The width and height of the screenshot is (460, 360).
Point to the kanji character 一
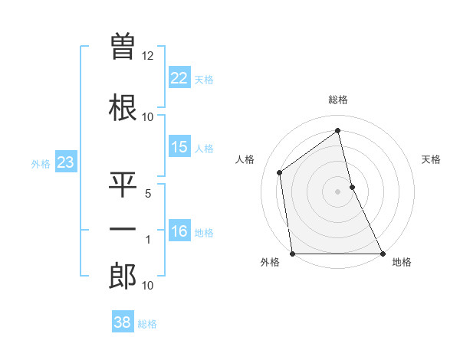coord(123,229)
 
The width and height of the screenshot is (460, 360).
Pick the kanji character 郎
coord(123,276)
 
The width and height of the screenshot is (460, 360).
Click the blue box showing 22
coord(179,78)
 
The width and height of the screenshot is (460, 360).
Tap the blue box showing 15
coord(179,148)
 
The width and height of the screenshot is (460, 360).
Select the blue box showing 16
coord(179,232)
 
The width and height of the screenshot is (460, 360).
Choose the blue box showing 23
coord(65,162)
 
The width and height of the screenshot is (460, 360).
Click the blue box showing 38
coord(123,322)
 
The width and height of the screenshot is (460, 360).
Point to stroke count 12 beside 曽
coord(148,56)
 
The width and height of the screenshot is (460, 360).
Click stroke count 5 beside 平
coord(149,193)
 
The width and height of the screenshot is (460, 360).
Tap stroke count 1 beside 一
coord(149,240)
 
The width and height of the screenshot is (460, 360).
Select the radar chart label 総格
coord(338,100)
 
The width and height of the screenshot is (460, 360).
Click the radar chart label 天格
coord(431,159)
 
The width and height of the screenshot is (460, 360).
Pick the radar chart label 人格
coord(245,159)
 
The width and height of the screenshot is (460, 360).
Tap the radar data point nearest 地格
coord(382,254)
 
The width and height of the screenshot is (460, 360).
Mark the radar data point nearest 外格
coord(293,254)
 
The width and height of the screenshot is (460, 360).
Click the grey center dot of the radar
coord(337,191)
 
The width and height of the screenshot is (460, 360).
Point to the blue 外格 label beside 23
coord(40,163)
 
